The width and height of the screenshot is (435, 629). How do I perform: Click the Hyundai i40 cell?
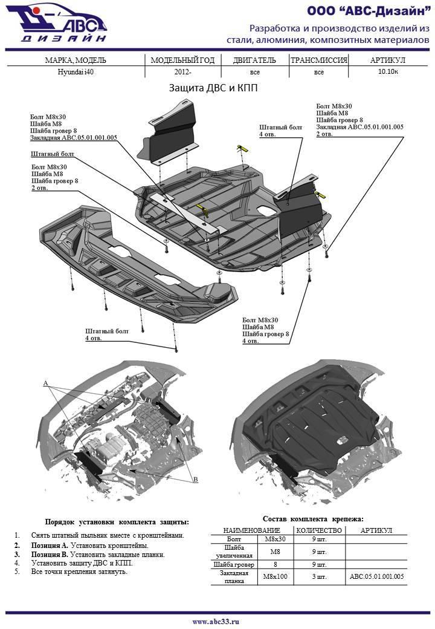76,71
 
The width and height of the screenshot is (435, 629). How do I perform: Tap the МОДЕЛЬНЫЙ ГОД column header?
182,60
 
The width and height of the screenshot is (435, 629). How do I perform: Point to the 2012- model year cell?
182,71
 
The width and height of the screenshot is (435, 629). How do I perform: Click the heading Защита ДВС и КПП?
213,88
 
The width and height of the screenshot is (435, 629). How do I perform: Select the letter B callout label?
195,479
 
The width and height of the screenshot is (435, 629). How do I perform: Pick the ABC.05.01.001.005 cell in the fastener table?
376,576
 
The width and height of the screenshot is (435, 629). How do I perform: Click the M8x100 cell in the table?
275,576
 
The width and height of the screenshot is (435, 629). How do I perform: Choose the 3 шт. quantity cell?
318,576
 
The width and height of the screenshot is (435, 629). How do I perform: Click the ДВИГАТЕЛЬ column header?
254,60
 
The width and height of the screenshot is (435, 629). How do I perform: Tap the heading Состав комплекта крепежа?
314,519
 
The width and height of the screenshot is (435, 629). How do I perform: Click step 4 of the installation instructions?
82,562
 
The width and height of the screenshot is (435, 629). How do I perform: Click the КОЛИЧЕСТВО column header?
319,530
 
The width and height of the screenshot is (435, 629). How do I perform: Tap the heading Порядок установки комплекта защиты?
117,522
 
